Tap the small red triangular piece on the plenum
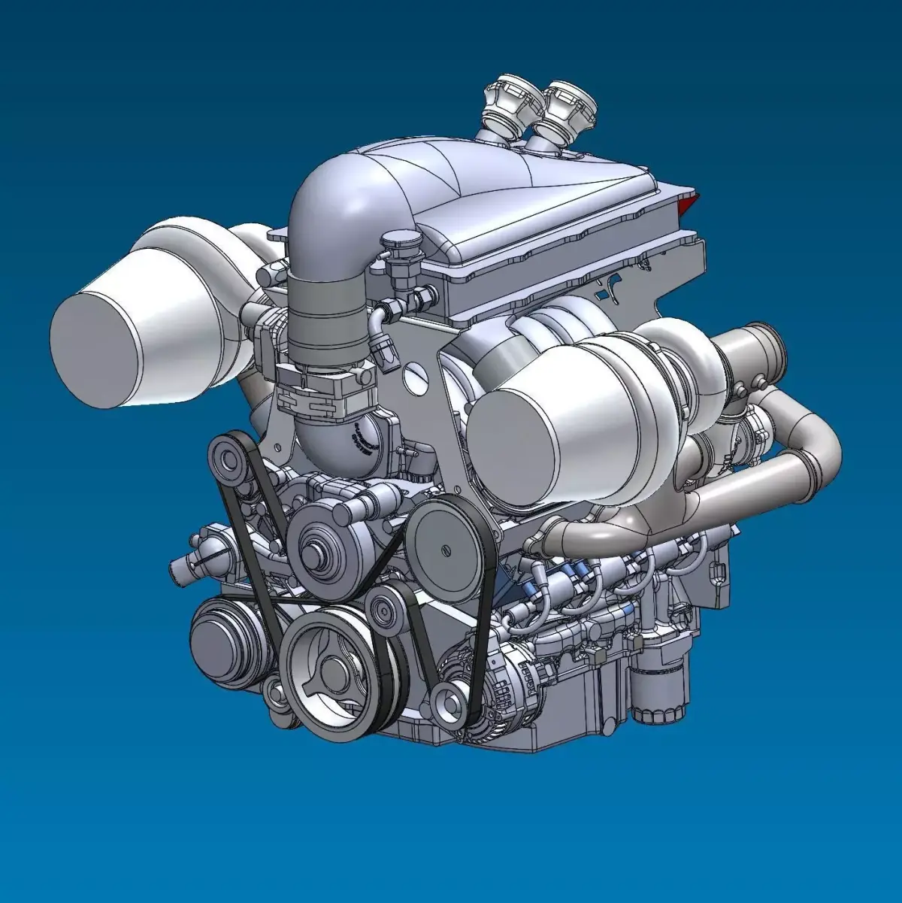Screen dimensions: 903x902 click(x=689, y=201)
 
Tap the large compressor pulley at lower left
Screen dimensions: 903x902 click(x=226, y=643)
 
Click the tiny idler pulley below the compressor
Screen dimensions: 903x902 click(x=278, y=696)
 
